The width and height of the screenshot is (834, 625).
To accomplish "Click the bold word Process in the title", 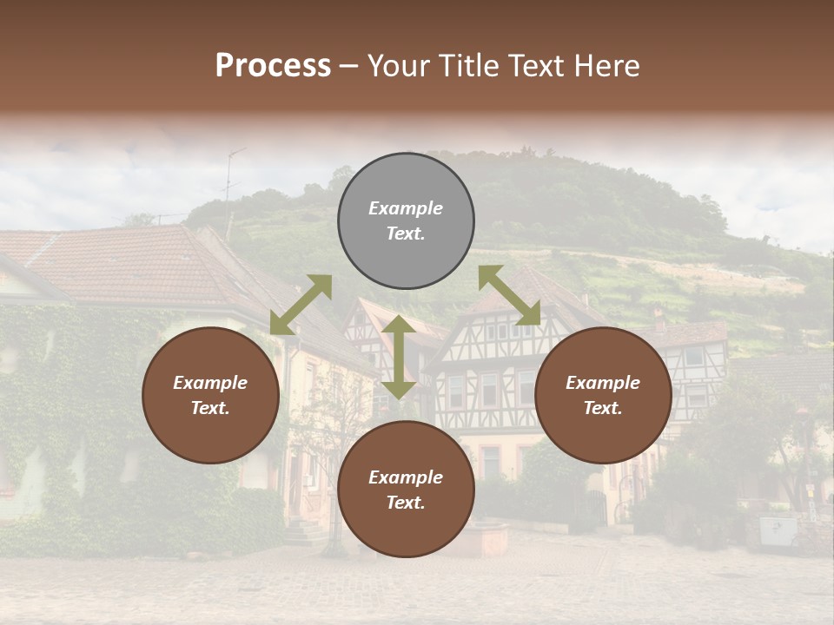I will pos(273,67).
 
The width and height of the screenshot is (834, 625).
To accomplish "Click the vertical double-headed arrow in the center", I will pos(398,358).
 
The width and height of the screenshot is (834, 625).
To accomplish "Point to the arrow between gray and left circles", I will pos(301,305).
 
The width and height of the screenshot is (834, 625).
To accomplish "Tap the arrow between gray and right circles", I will pos(509,295).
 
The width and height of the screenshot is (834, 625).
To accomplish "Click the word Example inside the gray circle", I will pos(406,208).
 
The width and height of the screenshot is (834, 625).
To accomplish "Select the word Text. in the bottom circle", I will pos(406,503).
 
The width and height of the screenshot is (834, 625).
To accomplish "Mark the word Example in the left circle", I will pos(210,383).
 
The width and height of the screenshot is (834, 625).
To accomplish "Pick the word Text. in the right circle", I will pos(603,408).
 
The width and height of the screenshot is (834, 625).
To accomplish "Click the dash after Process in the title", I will pos(349,67).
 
